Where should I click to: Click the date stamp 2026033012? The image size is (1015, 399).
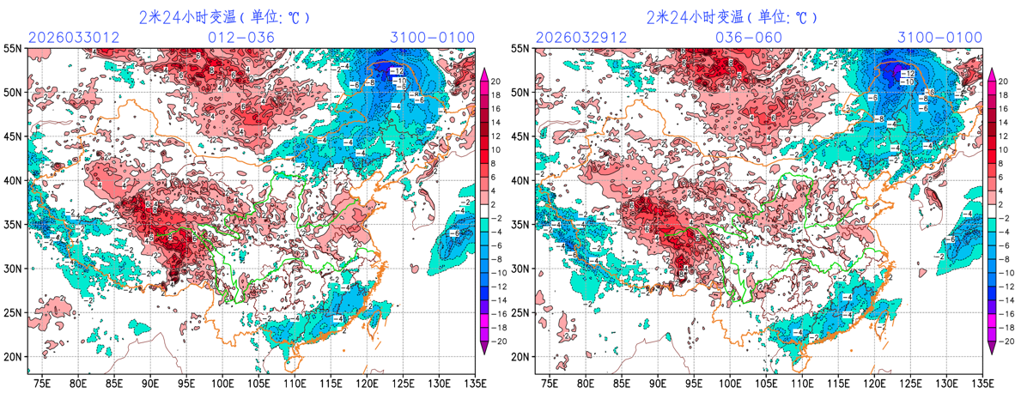[x=72, y=38]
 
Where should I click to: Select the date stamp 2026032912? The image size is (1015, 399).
[x=580, y=38]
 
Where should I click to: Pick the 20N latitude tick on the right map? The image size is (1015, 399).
[x=521, y=356]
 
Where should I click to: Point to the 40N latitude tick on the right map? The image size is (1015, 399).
[x=521, y=180]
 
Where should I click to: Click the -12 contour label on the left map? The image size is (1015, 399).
[x=396, y=70]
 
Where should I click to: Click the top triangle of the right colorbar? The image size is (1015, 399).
[x=993, y=73]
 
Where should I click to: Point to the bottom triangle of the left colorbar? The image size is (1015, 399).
[x=484, y=346]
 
